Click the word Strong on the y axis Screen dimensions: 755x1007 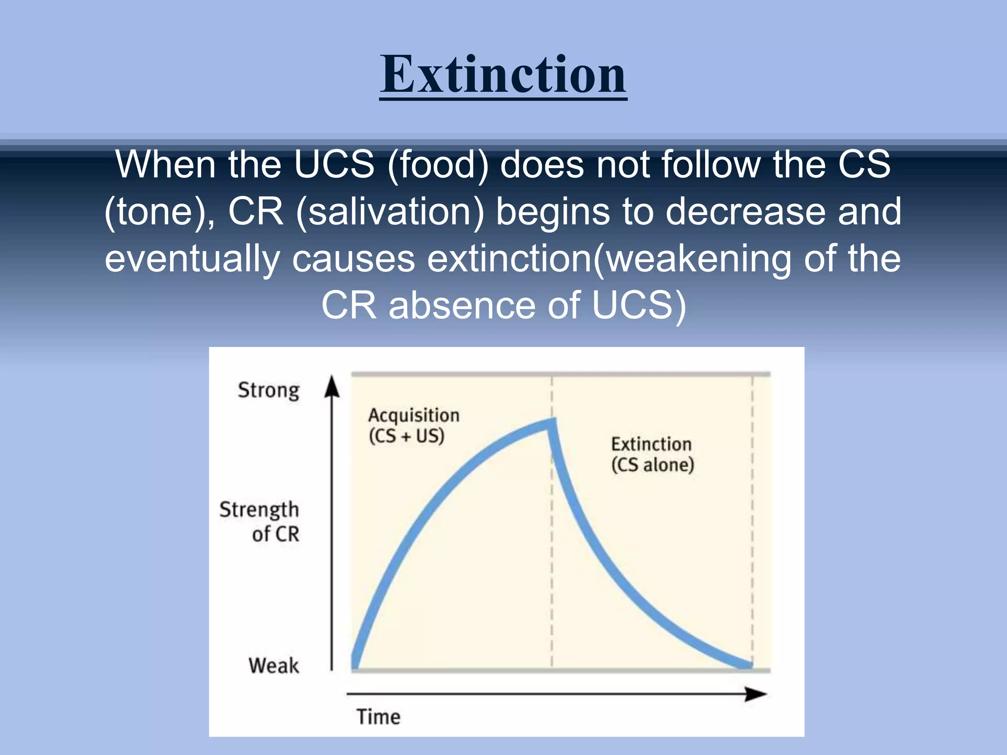tap(268, 390)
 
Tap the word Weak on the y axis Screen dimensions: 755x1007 tap(273, 666)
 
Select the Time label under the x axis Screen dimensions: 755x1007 tap(378, 717)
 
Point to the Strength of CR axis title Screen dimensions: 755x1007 tap(260, 521)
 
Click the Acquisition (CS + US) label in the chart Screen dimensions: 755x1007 tap(413, 426)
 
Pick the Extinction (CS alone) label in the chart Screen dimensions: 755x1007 tap(652, 454)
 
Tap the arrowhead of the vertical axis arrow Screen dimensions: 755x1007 tap(332, 386)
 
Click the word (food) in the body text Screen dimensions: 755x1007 tap(438, 164)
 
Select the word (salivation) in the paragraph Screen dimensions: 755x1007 tap(390, 211)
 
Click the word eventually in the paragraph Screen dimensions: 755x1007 tap(192, 259)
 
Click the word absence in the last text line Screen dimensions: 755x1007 tap(463, 305)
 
